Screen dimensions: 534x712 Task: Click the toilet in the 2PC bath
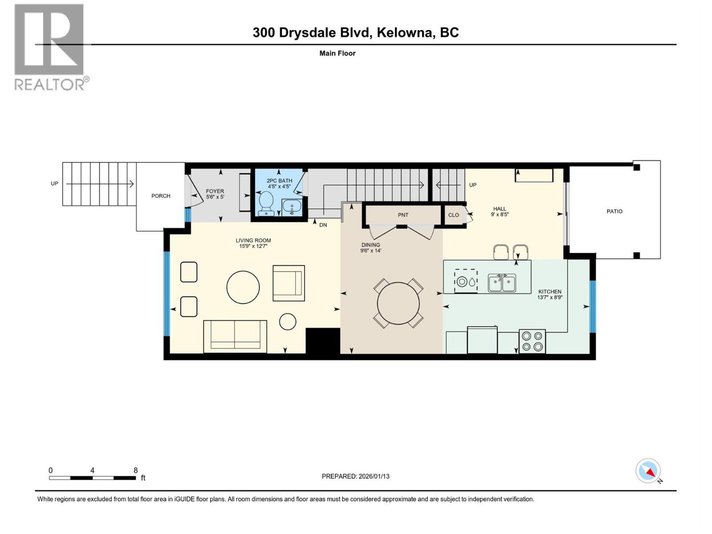(267, 202)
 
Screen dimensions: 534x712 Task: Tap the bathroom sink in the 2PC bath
(291, 207)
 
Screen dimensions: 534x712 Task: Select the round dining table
(398, 304)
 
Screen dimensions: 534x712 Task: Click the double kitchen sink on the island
(502, 283)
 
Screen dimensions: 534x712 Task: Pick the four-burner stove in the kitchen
(532, 342)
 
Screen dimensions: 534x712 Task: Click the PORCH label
(161, 196)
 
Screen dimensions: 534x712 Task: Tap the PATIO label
(614, 211)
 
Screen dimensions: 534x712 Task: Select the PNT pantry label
(403, 215)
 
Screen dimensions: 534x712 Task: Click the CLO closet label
(453, 215)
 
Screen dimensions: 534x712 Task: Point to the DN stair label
(323, 225)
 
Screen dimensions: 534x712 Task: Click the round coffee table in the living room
(243, 287)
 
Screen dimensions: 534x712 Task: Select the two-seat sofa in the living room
(235, 336)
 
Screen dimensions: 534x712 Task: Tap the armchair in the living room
(288, 283)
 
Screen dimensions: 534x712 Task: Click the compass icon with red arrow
(648, 471)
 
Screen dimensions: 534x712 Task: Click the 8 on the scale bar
(135, 470)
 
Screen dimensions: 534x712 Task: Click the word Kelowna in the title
(405, 32)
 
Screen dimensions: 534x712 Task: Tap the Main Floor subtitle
(337, 53)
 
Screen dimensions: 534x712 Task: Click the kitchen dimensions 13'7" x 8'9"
(550, 297)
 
